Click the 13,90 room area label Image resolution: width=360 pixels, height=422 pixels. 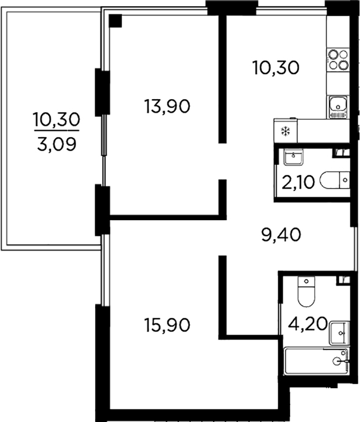coord(167,106)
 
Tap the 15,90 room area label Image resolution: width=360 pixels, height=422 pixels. coord(167,325)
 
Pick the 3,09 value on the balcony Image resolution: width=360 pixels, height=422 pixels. coord(55,140)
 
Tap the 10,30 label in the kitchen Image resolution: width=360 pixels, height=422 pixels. coord(276,68)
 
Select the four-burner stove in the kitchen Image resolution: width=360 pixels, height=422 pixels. coord(338,60)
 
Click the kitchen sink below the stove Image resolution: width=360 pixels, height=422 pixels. coord(338,106)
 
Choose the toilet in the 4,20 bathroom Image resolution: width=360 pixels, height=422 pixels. coord(306,291)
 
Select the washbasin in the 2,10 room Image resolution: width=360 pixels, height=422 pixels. coord(294,155)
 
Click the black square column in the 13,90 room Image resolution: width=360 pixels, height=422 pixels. coord(116,21)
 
